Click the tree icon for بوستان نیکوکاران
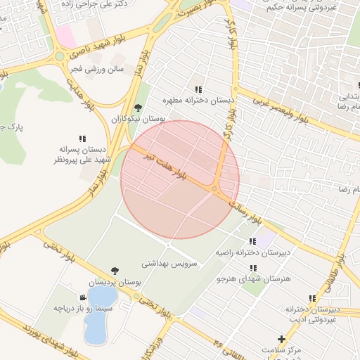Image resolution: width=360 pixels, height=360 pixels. pyautogui.click(x=138, y=108)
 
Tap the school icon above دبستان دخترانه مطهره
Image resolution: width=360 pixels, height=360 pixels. pyautogui.click(x=199, y=89)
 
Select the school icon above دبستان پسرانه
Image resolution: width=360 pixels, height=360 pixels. pyautogui.click(x=82, y=139)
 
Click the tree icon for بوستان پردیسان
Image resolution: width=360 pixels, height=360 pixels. pyautogui.click(x=115, y=271)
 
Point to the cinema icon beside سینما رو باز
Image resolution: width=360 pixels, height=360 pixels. pyautogui.click(x=84, y=297)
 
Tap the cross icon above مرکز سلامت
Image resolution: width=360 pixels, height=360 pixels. pyautogui.click(x=282, y=339)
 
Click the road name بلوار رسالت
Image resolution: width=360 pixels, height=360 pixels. pyautogui.click(x=250, y=212)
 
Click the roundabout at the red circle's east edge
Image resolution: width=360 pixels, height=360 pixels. pyautogui.click(x=214, y=188)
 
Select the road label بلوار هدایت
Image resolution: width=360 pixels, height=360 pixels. pyautogui.click(x=81, y=91)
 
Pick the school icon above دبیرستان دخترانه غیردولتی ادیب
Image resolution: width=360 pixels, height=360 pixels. pyautogui.click(x=312, y=298)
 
